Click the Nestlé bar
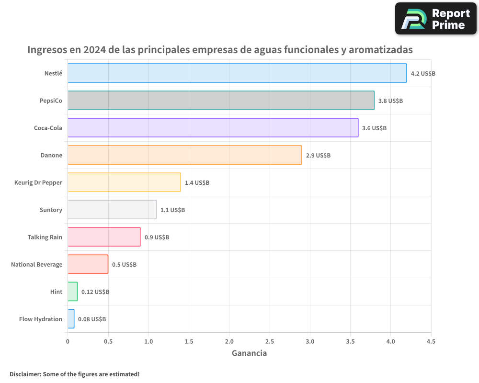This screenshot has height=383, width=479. [237, 73]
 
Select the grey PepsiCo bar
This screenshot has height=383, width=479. [221, 101]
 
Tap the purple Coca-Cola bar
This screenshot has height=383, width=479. [213, 128]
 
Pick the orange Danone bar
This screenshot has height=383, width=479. [184, 155]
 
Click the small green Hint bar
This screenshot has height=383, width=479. [72, 292]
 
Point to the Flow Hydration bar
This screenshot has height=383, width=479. [71, 319]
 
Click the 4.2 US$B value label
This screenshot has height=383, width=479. [423, 73]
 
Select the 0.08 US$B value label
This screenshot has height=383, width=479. [92, 319]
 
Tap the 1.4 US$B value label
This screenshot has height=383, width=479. [197, 182]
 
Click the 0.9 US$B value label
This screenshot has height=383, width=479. [157, 237]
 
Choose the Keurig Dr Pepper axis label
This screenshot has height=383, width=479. [38, 182]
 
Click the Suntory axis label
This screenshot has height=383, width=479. [51, 210]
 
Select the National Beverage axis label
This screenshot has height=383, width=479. [36, 264]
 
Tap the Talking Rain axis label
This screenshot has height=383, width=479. [45, 237]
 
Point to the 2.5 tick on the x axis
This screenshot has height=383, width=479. [269, 341]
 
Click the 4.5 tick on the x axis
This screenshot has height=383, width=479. [431, 341]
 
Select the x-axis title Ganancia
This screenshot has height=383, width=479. [249, 353]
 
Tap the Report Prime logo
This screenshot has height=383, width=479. [435, 19]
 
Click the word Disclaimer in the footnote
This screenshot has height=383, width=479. [25, 374]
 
